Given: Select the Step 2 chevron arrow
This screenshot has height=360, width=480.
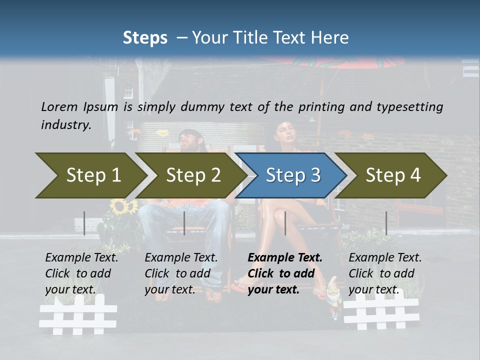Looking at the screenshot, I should coord(192,175).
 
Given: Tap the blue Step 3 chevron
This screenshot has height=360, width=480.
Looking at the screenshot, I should coord(292,175).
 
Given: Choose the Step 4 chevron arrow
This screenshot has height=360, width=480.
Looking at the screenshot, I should coord(393,175).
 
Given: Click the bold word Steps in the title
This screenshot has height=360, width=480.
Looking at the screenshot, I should coord(145,37).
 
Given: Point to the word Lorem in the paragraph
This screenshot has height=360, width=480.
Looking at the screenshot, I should coord(59,106).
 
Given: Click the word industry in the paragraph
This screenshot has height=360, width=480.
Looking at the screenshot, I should coord(66,124).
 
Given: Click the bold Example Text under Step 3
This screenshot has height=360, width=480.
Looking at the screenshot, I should coord(285,257).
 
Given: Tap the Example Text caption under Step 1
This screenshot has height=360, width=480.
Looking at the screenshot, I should coord(82,257).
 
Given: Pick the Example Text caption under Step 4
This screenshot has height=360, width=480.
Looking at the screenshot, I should coord(385,257).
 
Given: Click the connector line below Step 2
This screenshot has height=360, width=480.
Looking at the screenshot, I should coord(184,223).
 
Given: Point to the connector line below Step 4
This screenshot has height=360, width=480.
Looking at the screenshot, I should coord(386,223).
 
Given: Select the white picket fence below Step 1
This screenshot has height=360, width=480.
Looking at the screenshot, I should coord(78,314).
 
